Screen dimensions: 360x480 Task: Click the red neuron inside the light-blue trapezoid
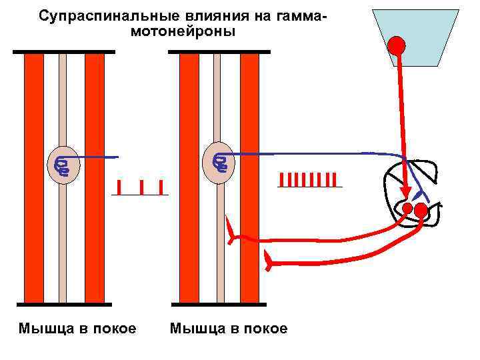[x=397, y=45]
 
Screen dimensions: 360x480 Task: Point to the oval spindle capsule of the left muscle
[x=63, y=164]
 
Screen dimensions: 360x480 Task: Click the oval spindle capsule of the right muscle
[x=218, y=162]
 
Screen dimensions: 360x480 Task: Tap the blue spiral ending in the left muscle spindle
[x=63, y=166]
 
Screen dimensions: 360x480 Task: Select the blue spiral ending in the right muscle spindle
[x=219, y=161]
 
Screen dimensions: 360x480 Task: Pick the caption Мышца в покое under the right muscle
[x=229, y=329]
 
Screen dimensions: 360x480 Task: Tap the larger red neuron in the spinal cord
[x=421, y=211]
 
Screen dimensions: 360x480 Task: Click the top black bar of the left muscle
[x=63, y=51]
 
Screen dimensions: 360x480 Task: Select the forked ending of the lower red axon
[x=269, y=261]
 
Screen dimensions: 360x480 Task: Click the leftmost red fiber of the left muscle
[x=34, y=177]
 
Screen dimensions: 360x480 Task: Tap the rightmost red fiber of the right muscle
[x=249, y=177]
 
